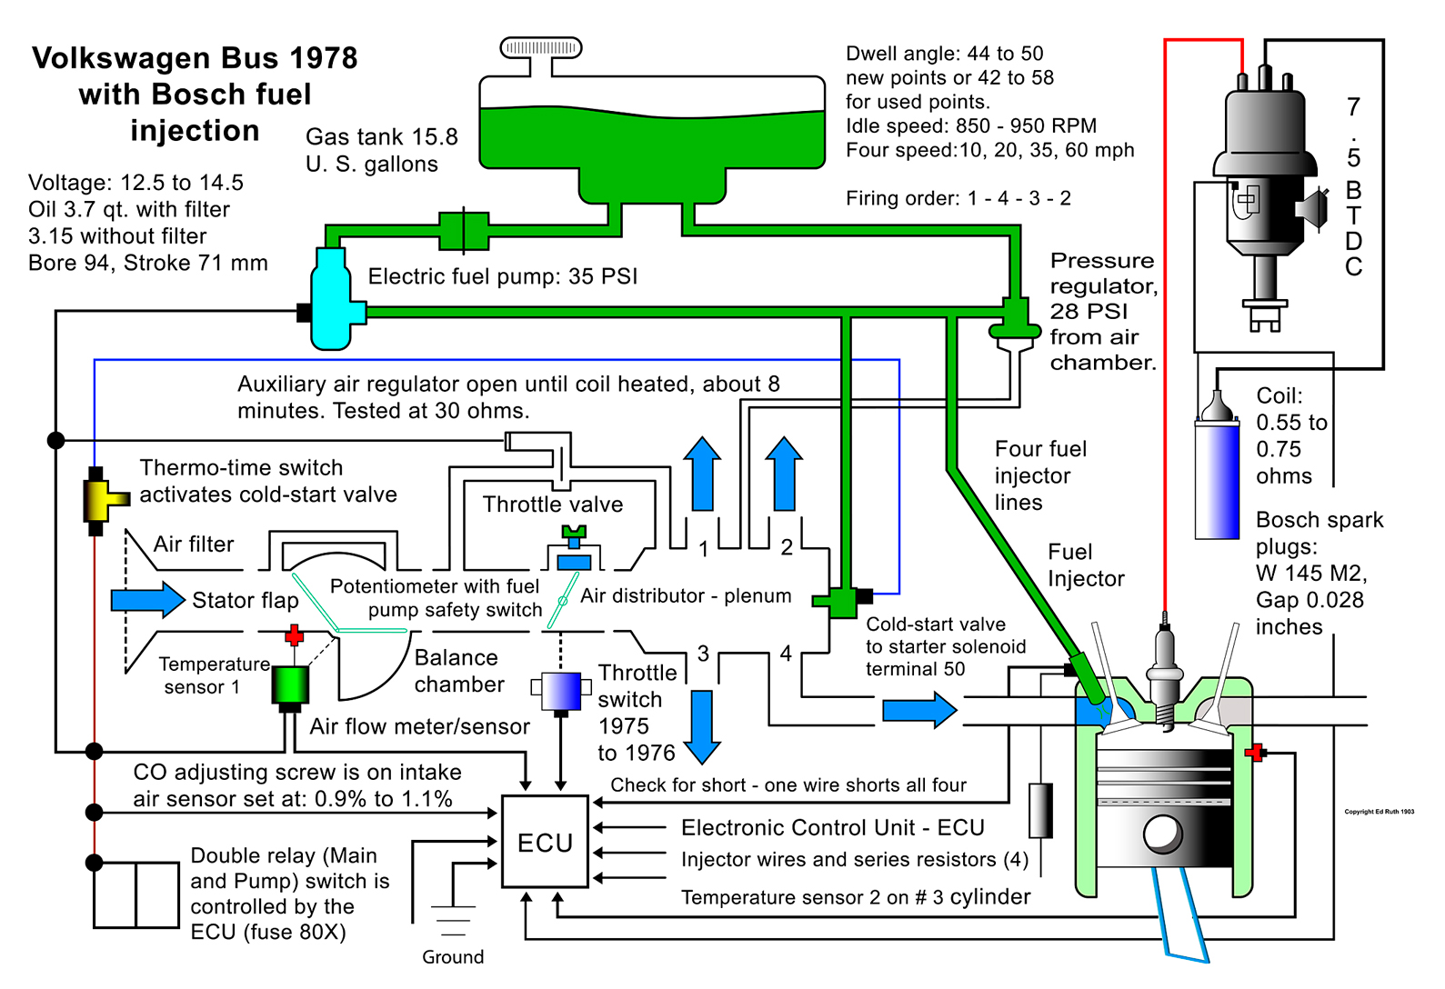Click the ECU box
point(545,842)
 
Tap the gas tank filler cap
point(541,47)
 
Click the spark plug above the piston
point(1164,668)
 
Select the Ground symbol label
point(453,956)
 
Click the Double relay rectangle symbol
point(135,894)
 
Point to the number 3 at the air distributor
point(703,654)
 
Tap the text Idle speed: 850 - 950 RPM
point(970,125)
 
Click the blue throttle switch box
point(560,691)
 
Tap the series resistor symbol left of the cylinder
point(1040,810)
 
